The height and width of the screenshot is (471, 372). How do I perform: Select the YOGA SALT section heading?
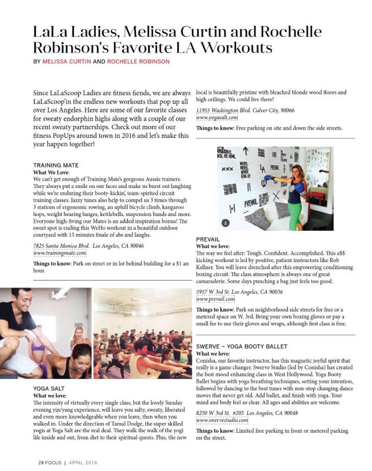point(49,388)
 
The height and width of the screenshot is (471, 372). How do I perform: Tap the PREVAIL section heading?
point(208,239)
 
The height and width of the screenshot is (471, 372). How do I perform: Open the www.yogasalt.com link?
point(217,117)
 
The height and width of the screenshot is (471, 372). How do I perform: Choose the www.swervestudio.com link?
point(222,420)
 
